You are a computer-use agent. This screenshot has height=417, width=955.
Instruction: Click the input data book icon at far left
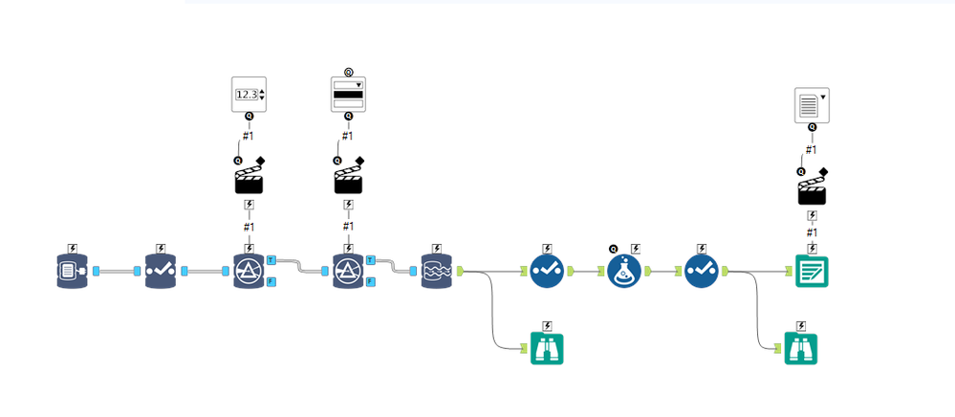[x=73, y=272]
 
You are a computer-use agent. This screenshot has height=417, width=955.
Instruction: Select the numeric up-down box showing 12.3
[x=249, y=94]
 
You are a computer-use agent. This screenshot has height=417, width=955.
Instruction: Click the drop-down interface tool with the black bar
[x=348, y=94]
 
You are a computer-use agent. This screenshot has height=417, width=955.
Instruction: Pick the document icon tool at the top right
[x=812, y=104]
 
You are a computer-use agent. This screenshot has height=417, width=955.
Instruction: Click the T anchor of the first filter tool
[x=271, y=260]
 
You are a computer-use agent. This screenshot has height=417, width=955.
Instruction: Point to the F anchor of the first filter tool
[x=271, y=281]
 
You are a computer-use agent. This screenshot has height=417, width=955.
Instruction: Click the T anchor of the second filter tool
[x=371, y=260]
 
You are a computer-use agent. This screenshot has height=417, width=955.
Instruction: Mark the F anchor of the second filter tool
[x=371, y=281]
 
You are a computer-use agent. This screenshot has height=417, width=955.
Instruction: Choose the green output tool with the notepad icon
[x=812, y=272]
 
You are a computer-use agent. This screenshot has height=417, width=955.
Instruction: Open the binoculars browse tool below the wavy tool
[x=547, y=349]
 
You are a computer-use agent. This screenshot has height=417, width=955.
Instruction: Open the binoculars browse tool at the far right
[x=801, y=349]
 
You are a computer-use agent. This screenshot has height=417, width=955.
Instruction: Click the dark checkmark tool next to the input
[x=161, y=272]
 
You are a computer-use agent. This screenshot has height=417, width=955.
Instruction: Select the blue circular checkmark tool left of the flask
[x=547, y=272]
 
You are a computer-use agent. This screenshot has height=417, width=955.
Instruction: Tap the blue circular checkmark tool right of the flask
[x=703, y=272]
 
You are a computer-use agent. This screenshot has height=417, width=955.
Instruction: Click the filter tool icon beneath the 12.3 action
[x=249, y=272]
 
